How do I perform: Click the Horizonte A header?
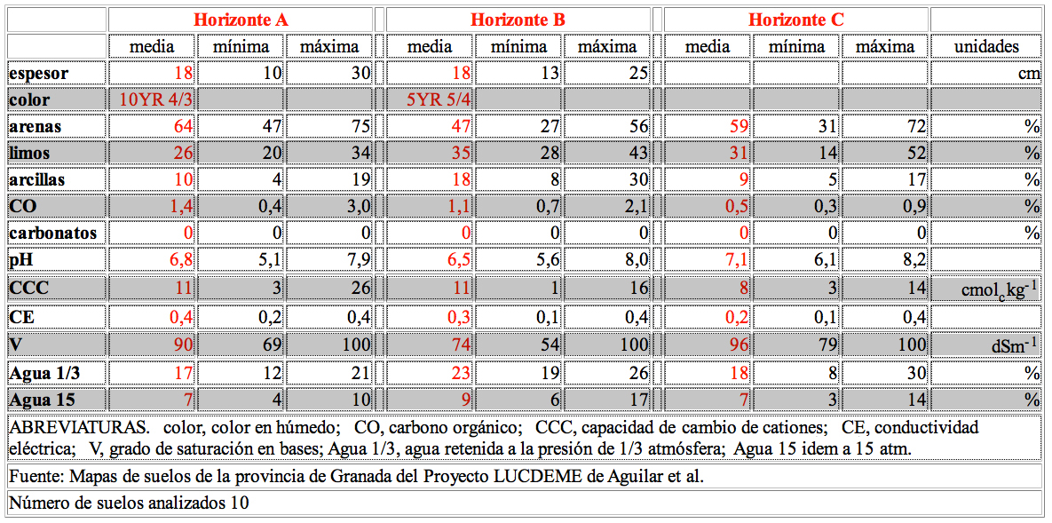tap(241, 20)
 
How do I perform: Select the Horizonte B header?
tap(518, 20)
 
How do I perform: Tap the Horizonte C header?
tap(795, 20)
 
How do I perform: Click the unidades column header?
tap(987, 47)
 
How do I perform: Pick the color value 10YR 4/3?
tap(155, 100)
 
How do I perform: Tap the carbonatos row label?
tap(53, 233)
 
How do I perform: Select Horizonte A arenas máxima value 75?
tap(361, 126)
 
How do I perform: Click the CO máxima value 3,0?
tap(359, 206)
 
